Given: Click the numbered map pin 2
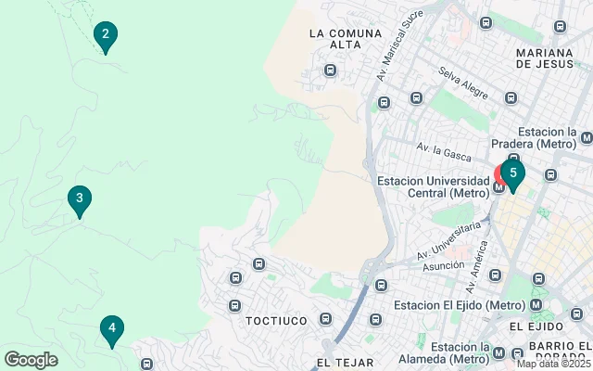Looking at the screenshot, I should click(x=106, y=37).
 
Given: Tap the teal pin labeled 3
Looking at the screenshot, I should click(x=80, y=198).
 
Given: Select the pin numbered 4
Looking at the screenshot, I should click(x=111, y=328).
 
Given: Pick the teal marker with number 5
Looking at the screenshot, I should click(x=512, y=173).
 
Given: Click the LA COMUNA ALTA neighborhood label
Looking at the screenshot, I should click(x=346, y=39).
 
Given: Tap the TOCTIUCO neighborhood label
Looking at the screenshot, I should click(x=275, y=320).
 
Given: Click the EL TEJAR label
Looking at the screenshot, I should click(x=345, y=362).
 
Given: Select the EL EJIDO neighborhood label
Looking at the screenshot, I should click(x=536, y=327).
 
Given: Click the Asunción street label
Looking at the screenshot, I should click(x=443, y=265).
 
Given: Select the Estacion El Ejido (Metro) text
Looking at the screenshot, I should click(x=447, y=305).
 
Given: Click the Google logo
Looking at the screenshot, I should click(x=31, y=360).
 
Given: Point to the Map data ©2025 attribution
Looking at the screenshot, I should click(x=552, y=364).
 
